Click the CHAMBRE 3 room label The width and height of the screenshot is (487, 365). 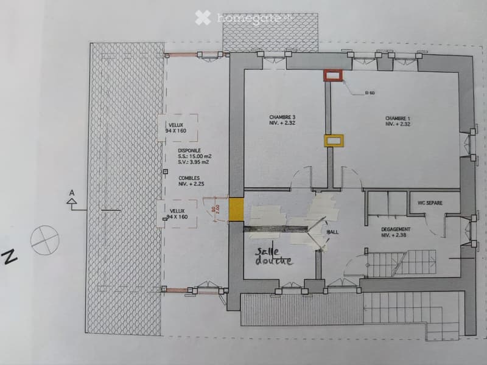coord(282,120)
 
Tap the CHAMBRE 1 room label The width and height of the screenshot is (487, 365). coord(398,120)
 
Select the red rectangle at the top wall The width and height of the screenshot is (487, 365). coord(333,75)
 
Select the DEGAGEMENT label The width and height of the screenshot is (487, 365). coord(396,232)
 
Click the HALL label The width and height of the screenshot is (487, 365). coord(333,232)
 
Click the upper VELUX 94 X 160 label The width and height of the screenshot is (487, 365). coord(177,128)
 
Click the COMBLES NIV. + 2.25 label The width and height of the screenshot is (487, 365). coord(177,179)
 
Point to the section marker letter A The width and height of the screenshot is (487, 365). coord(72,193)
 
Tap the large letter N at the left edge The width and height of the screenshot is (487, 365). coord(10,258)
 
